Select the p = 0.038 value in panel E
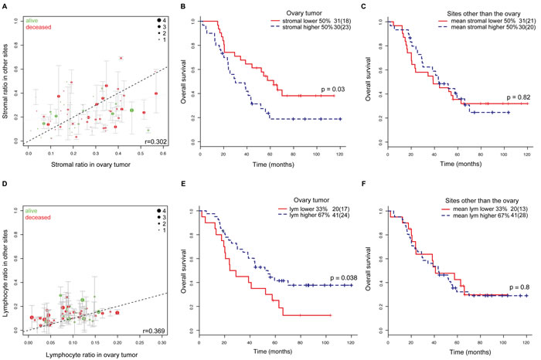click(x=332, y=277)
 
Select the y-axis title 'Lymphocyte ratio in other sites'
click(x=7, y=264)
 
